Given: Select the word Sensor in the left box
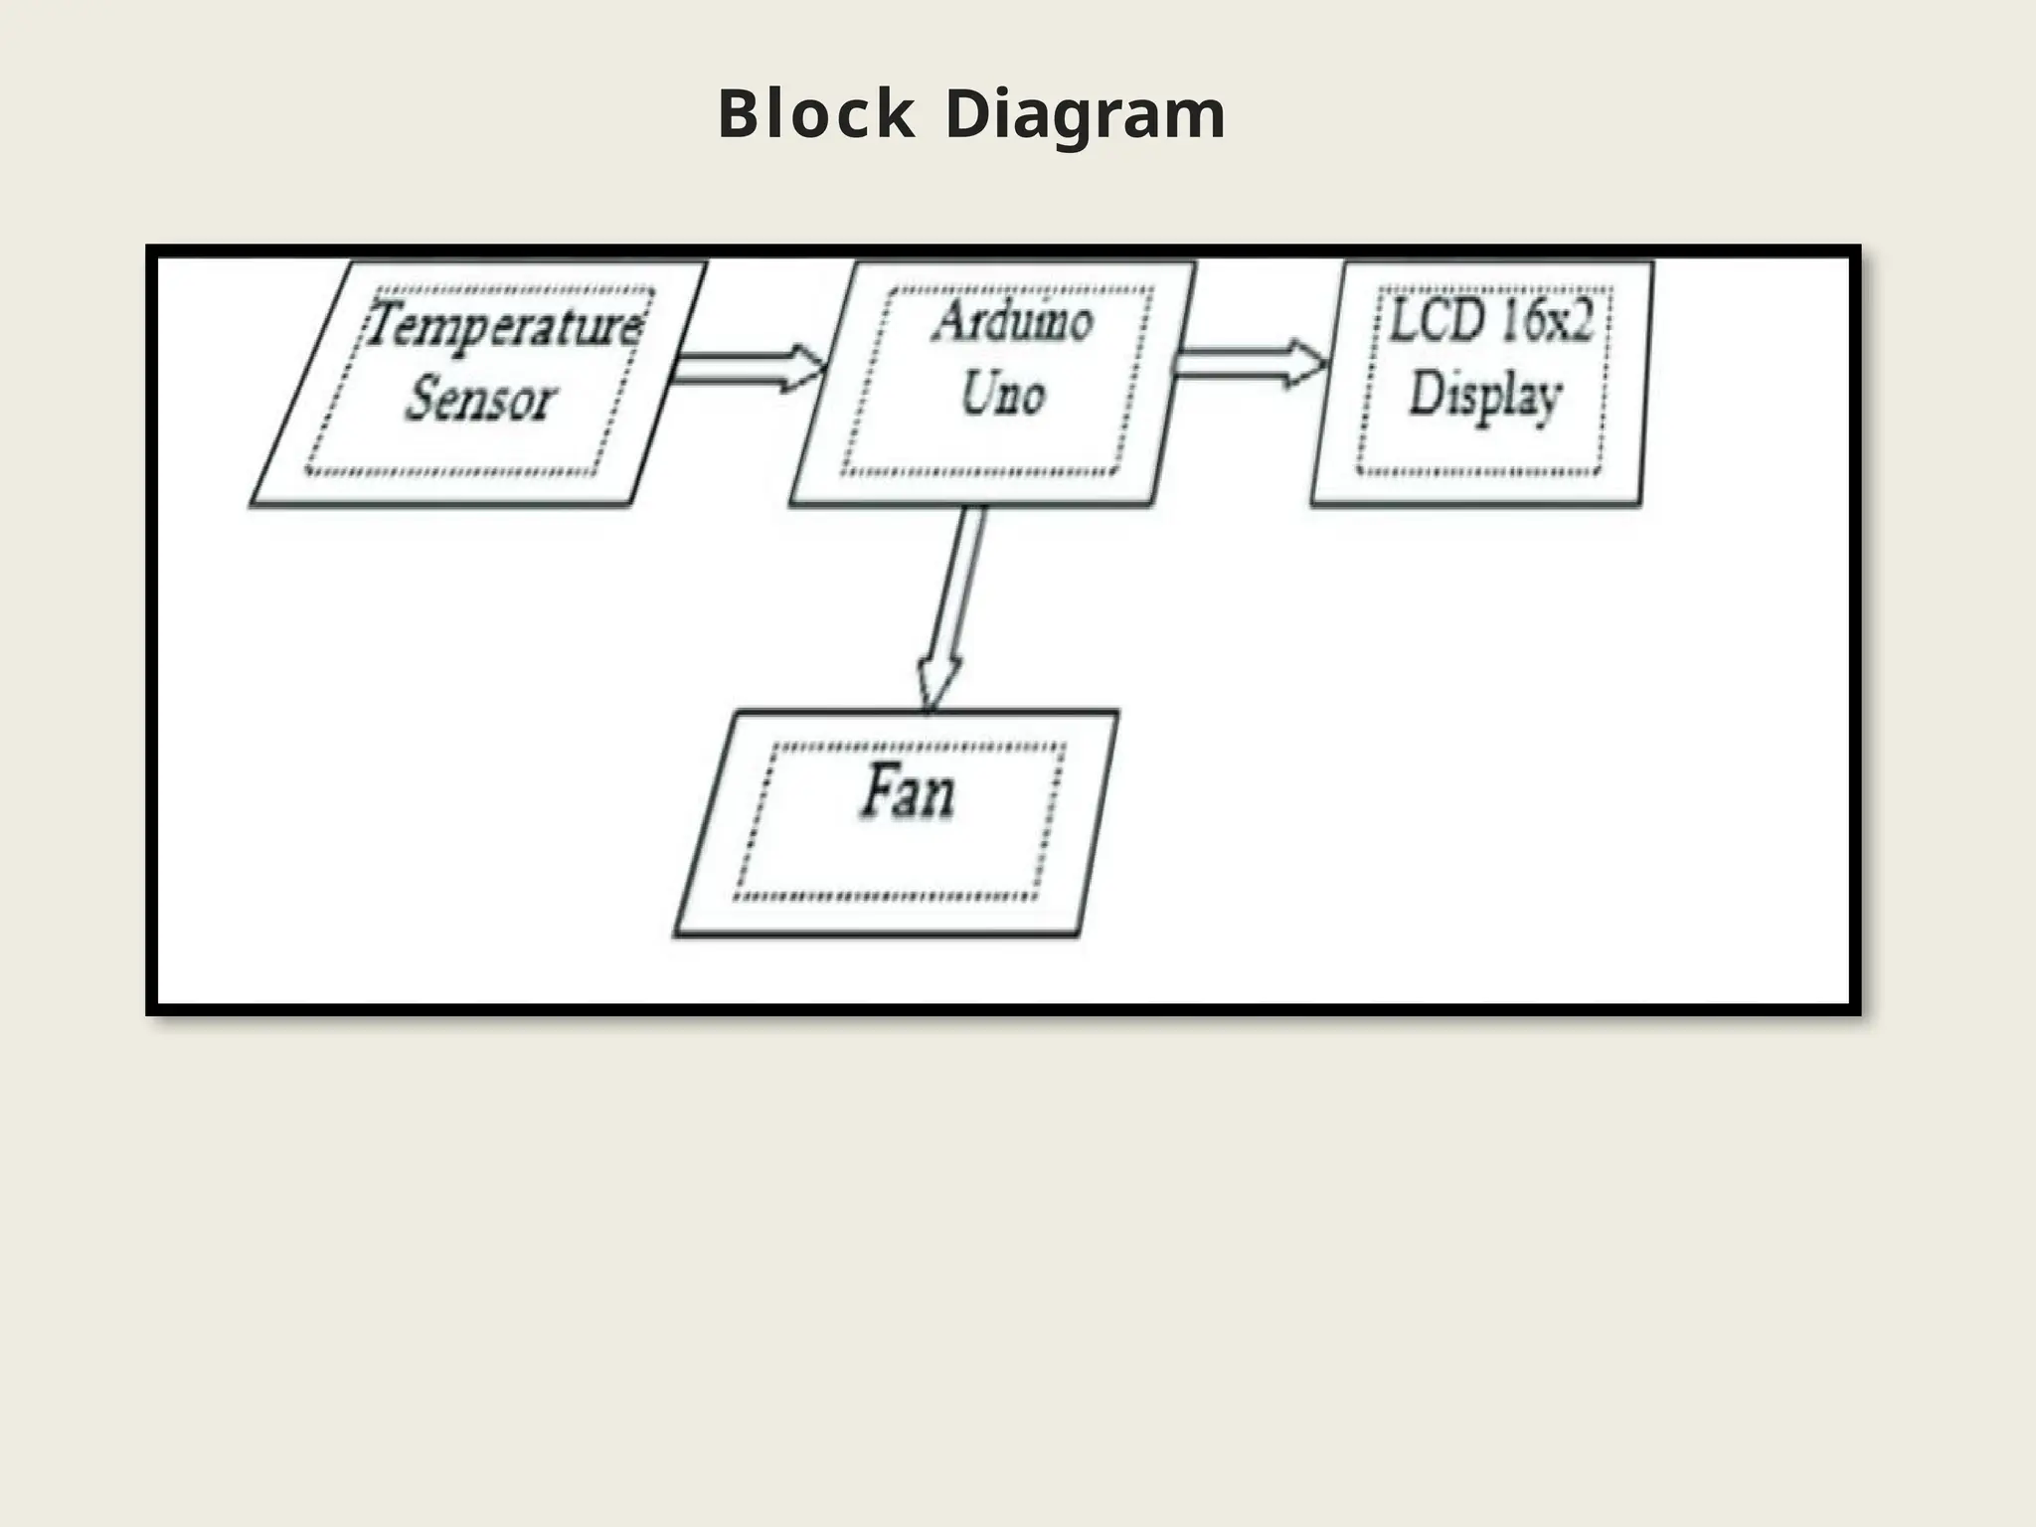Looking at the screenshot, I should pyautogui.click(x=479, y=400).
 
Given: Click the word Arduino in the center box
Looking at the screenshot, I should pyautogui.click(x=1012, y=322).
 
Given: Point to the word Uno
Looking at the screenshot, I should pyautogui.click(x=1002, y=394).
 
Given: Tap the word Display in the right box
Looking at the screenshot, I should pyautogui.click(x=1485, y=396).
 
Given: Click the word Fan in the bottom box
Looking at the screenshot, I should pyautogui.click(x=907, y=793).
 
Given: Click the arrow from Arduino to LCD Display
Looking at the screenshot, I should pyautogui.click(x=1249, y=363).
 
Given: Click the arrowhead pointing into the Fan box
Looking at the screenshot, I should pyautogui.click(x=936, y=684).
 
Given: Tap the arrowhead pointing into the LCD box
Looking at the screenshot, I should pyautogui.click(x=1304, y=363).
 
